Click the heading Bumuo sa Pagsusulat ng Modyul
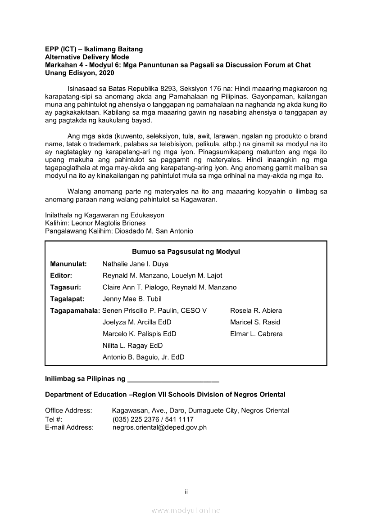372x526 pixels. [186, 252]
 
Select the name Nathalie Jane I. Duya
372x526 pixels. [136, 264]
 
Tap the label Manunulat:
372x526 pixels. [68, 264]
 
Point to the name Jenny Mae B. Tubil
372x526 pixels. [132, 299]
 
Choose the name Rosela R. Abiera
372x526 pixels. [256, 310]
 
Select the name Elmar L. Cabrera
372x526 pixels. [256, 334]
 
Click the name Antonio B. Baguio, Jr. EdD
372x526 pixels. [143, 357]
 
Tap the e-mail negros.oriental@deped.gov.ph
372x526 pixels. [159, 427]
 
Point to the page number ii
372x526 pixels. [186, 492]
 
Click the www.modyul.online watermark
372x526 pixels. [186, 511]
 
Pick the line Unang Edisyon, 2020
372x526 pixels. [80, 73]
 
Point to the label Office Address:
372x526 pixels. [68, 410]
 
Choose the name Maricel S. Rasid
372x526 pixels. [255, 322]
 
